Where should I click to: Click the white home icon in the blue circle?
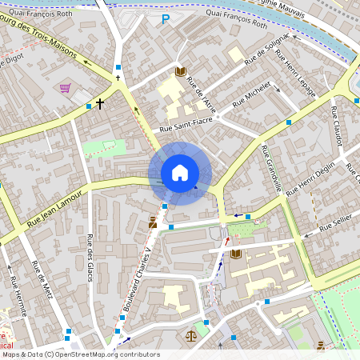click(x=180, y=173)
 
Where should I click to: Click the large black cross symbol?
click(x=100, y=103)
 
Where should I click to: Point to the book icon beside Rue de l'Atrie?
click(x=180, y=71)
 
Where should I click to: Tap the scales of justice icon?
click(x=191, y=335)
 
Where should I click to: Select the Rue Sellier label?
click(x=335, y=223)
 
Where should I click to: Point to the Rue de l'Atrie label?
click(x=202, y=95)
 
